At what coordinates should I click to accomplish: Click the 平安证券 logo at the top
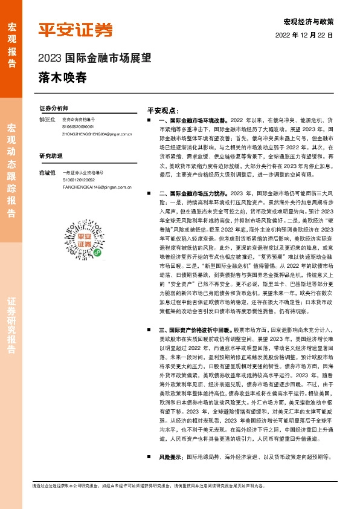tap(76, 30)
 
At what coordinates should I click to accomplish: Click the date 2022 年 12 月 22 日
tap(304, 36)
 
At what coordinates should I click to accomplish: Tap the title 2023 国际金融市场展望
tap(94, 59)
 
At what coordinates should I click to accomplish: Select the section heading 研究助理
tap(50, 155)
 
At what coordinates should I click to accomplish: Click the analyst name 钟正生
tap(47, 120)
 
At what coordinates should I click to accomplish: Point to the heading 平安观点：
tap(163, 111)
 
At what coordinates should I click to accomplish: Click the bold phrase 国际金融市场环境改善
tap(192, 122)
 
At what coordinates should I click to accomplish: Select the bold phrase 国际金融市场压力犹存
tap(192, 193)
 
